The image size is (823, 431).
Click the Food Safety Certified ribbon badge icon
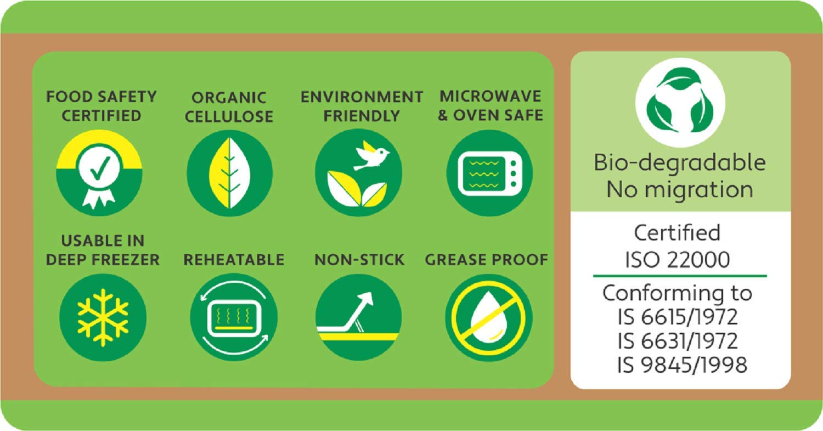[x=99, y=173]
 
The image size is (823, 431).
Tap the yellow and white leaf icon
[x=230, y=173]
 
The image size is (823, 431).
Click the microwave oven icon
[x=490, y=173]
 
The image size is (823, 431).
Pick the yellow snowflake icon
[x=103, y=318]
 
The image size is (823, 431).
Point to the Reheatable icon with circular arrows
[x=234, y=317]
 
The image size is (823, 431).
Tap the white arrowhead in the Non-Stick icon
[x=367, y=299]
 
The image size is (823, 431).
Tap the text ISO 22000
[x=678, y=260]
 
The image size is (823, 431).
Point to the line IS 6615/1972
[x=678, y=317]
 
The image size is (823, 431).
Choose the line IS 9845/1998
[x=682, y=365]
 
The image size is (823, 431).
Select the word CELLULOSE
[x=229, y=116]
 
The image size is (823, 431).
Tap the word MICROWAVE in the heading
[x=491, y=96]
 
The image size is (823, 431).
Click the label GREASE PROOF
[x=487, y=260]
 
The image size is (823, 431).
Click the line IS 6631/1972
[x=678, y=341]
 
